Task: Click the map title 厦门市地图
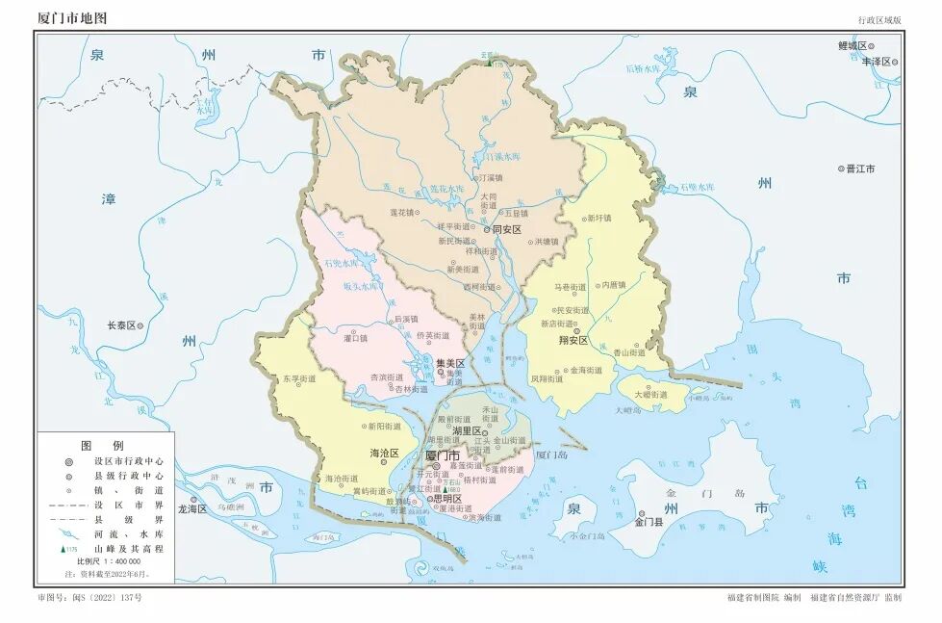click(72, 18)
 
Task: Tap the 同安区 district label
click(506, 230)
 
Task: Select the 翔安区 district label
click(573, 340)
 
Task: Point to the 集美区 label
click(450, 363)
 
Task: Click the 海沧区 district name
click(384, 453)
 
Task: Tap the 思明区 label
click(447, 499)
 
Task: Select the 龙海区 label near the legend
click(191, 508)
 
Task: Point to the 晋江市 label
click(860, 169)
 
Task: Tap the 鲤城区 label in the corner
click(853, 45)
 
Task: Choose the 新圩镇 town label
click(599, 218)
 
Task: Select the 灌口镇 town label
click(356, 338)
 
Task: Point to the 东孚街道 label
click(299, 379)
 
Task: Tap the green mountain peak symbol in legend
click(65, 548)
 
